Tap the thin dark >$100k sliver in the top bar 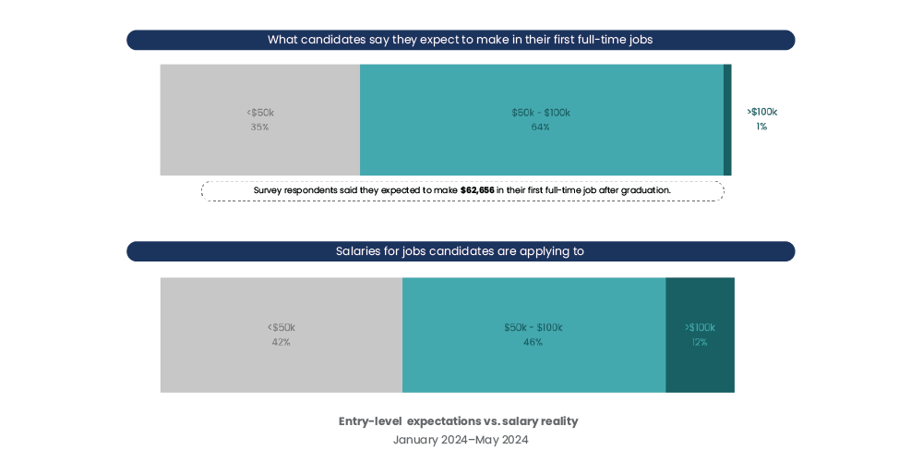727,120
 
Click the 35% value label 259,128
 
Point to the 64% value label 541,128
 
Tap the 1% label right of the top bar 761,127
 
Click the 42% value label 281,343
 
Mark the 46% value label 533,343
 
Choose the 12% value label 700,343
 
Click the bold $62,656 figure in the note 477,190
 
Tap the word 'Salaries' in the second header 359,251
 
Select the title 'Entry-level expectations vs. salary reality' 458,421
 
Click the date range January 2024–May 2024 461,440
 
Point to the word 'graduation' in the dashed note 645,190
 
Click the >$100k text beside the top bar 761,112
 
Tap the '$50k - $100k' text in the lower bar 533,328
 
